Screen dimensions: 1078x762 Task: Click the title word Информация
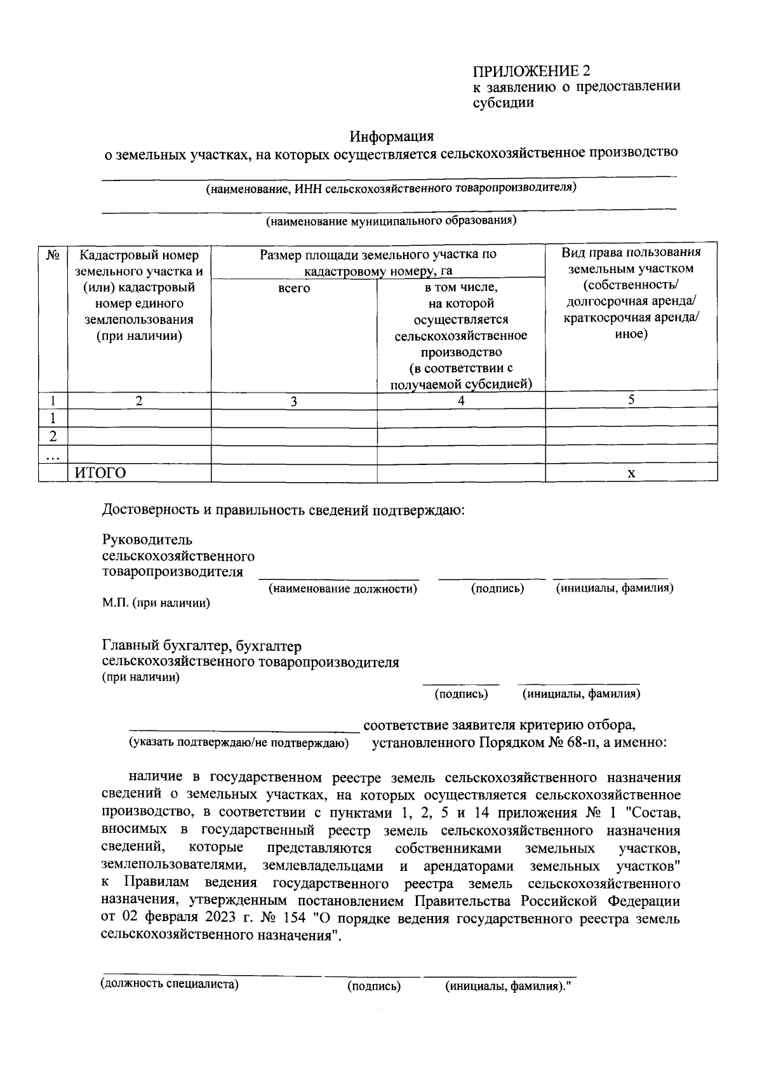pyautogui.click(x=392, y=136)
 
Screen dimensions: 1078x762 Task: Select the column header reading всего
pyautogui.click(x=294, y=288)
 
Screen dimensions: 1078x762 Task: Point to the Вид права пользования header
pyautogui.click(x=631, y=292)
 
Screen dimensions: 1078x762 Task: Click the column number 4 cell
pyautogui.click(x=461, y=400)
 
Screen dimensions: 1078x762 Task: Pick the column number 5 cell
pyautogui.click(x=631, y=400)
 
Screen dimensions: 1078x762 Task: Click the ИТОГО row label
pyautogui.click(x=100, y=473)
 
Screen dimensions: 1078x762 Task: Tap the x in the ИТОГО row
pyautogui.click(x=631, y=473)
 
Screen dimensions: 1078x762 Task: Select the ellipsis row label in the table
pyautogui.click(x=53, y=455)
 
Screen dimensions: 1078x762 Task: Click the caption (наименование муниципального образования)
pyautogui.click(x=391, y=221)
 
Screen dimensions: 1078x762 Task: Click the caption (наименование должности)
pyautogui.click(x=343, y=589)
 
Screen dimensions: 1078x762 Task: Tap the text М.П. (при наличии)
pyautogui.click(x=156, y=603)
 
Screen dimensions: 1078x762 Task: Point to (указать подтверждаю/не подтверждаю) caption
pyautogui.click(x=239, y=743)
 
